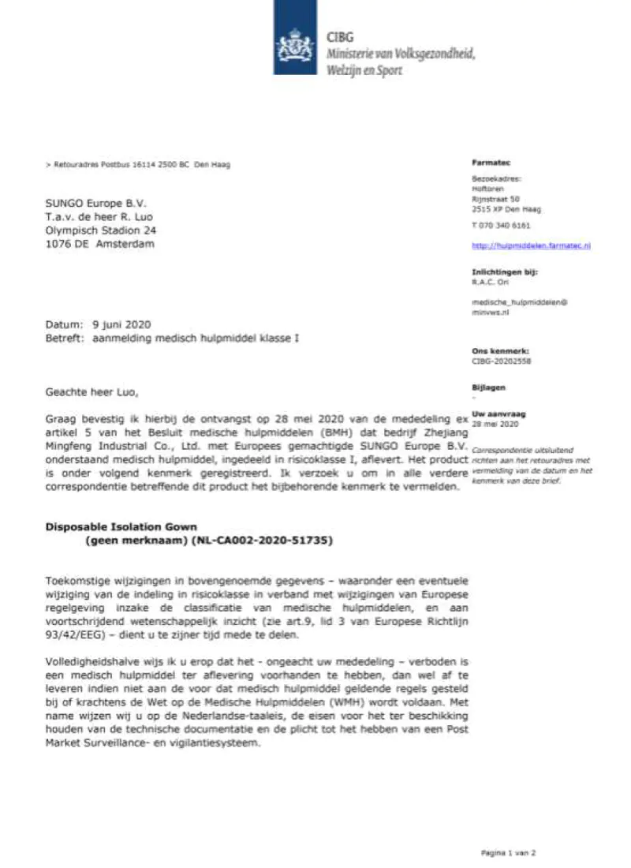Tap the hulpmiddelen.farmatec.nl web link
[x=531, y=246]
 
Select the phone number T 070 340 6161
[x=501, y=225]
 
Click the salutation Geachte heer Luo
[x=95, y=390]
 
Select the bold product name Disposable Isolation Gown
[x=121, y=526]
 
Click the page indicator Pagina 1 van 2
[x=509, y=852]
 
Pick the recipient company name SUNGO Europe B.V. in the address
[x=96, y=203]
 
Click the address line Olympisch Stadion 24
[x=101, y=230]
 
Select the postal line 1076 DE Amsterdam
[x=100, y=244]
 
